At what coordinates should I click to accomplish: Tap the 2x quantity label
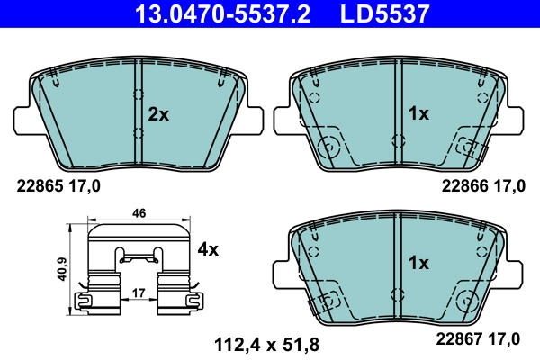click(158, 114)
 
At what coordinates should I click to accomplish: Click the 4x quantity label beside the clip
click(208, 249)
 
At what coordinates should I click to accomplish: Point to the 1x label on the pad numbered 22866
click(419, 114)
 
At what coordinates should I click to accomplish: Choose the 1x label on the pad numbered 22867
click(419, 264)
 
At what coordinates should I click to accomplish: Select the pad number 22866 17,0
click(481, 187)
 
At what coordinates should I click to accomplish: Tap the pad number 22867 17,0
click(481, 338)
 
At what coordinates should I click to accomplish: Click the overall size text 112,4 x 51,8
click(265, 343)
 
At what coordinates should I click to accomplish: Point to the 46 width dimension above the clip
click(139, 213)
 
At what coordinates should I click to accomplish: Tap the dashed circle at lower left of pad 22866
click(330, 145)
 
